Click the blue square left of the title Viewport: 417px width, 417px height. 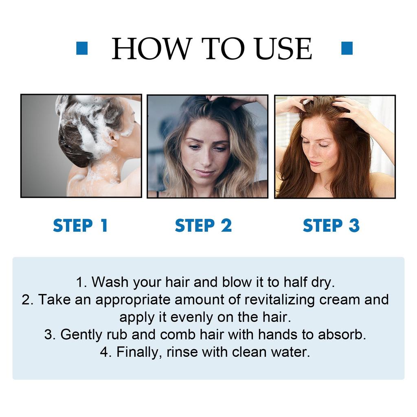coord(82,48)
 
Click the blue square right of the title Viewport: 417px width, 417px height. coord(347,48)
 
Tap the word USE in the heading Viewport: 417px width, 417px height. coord(284,49)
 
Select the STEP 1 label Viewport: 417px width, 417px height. coord(80,226)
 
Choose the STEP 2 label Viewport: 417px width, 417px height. coord(203,226)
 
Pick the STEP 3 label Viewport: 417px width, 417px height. coord(331,226)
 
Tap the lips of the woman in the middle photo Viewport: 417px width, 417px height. coord(205,173)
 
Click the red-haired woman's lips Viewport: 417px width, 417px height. coord(315,163)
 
